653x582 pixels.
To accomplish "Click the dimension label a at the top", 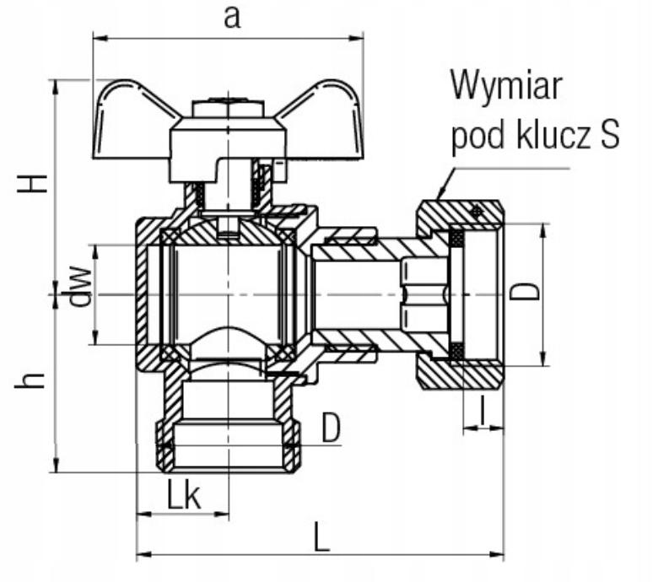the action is point(232,19).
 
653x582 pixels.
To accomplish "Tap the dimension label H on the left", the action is point(32,183).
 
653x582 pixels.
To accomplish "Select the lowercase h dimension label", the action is point(30,380).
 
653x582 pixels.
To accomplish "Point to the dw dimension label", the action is point(79,286).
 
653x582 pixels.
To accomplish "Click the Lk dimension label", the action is point(184,494).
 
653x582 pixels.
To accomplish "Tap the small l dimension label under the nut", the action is point(483,410).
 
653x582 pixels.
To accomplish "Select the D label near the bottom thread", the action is point(331,427).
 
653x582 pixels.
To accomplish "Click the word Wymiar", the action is point(506,86).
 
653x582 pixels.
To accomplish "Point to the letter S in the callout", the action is point(609,135).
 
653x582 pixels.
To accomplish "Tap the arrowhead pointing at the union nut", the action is point(440,192).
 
